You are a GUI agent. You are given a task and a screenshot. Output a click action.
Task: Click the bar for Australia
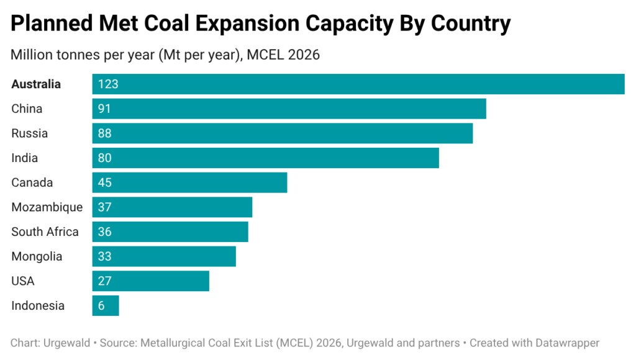click(x=358, y=84)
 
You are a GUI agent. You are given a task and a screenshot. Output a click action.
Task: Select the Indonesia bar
click(x=106, y=305)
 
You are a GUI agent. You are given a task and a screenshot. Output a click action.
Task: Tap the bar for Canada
click(x=189, y=182)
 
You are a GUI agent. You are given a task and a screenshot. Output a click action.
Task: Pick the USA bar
click(x=151, y=281)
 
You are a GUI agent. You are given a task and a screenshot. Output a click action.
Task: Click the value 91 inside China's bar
click(x=104, y=109)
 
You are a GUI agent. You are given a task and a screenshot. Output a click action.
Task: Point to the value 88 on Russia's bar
click(x=104, y=133)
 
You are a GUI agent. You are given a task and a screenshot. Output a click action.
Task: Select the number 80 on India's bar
click(x=104, y=158)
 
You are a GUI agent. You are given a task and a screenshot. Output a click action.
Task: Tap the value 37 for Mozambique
click(x=104, y=207)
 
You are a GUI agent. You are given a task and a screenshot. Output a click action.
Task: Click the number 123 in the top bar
click(x=108, y=84)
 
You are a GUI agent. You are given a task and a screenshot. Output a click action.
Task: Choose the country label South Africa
click(x=45, y=232)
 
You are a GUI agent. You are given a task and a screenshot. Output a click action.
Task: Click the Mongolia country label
click(x=37, y=256)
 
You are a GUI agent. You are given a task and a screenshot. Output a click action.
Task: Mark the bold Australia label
click(x=36, y=84)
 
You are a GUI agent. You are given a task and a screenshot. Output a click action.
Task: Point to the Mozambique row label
click(x=47, y=207)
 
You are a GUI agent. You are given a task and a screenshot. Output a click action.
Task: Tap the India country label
click(x=24, y=158)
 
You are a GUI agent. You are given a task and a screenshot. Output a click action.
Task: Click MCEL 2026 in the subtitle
click(x=283, y=55)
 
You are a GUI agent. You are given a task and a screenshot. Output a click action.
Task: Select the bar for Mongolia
click(x=164, y=256)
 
